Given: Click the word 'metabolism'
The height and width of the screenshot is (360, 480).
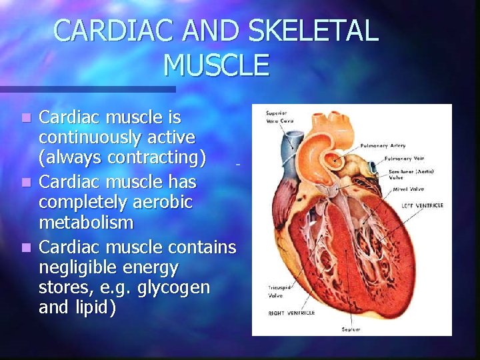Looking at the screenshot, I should point(86,221).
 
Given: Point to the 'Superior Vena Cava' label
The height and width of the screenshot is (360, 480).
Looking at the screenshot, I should point(278,116).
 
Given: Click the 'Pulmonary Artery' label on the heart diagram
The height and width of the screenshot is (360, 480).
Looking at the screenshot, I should point(383,145).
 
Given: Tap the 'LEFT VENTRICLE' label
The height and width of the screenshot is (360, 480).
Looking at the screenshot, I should point(421,205).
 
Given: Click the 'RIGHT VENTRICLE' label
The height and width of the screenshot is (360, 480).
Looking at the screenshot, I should point(291,313).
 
